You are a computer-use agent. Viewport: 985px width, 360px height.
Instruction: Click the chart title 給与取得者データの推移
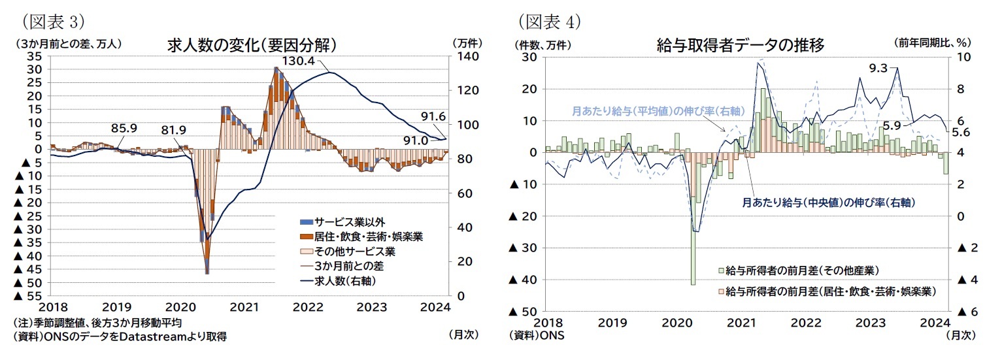(740, 45)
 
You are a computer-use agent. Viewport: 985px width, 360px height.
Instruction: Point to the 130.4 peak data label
(298, 60)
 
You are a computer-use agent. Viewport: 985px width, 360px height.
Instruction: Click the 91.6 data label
(432, 116)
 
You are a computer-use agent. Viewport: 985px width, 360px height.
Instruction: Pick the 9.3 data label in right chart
(878, 67)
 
